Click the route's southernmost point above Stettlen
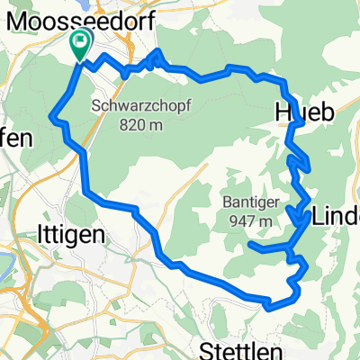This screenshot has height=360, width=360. click(x=269, y=306)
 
